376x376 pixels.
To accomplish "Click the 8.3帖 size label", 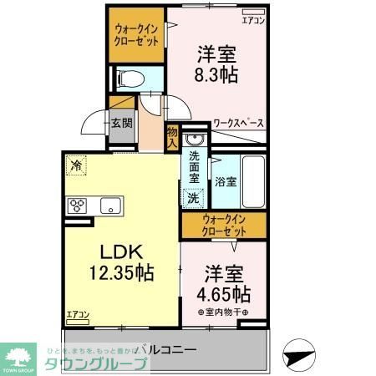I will [216, 75].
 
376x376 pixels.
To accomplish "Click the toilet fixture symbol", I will [130, 79].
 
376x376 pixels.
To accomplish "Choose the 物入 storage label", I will [172, 136].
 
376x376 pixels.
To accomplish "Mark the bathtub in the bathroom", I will [252, 180].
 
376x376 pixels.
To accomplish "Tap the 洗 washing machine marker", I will [193, 199].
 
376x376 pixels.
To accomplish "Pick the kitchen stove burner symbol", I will [79, 206].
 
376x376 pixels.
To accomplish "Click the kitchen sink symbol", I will [110, 206].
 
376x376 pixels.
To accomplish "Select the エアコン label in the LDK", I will [77, 315].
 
